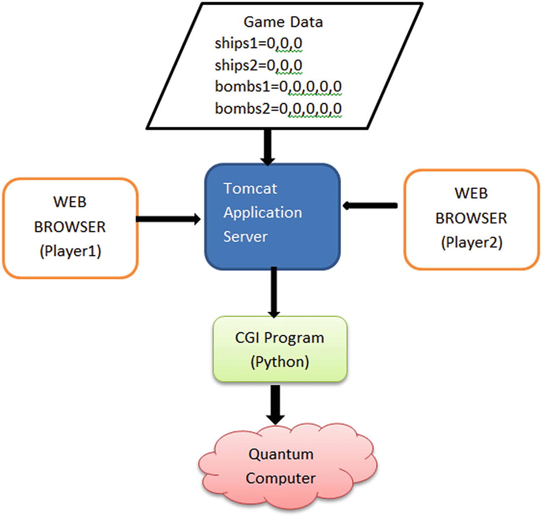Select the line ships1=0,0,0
[x=258, y=44]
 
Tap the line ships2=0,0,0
[x=258, y=65]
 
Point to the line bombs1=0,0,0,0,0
[x=278, y=86]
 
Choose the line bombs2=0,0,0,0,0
[x=278, y=108]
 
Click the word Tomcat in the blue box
[x=247, y=189]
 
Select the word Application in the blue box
[x=263, y=212]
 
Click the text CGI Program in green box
[x=279, y=338]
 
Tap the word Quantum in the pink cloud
[x=280, y=454]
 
